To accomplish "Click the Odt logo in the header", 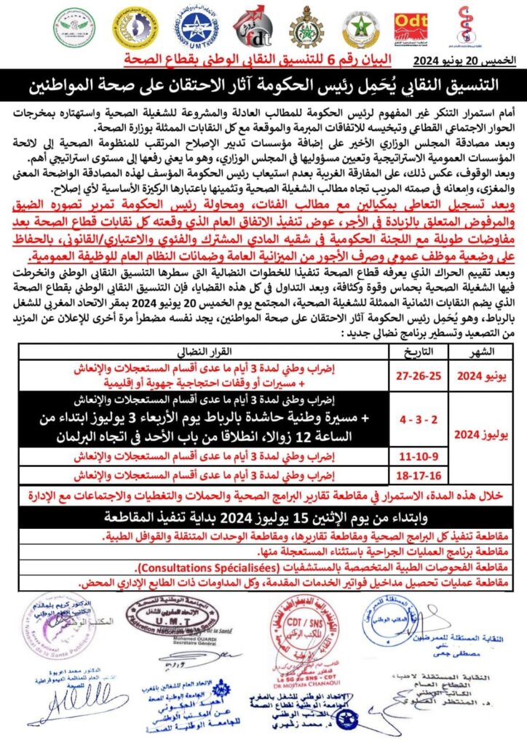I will (x=411, y=29).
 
